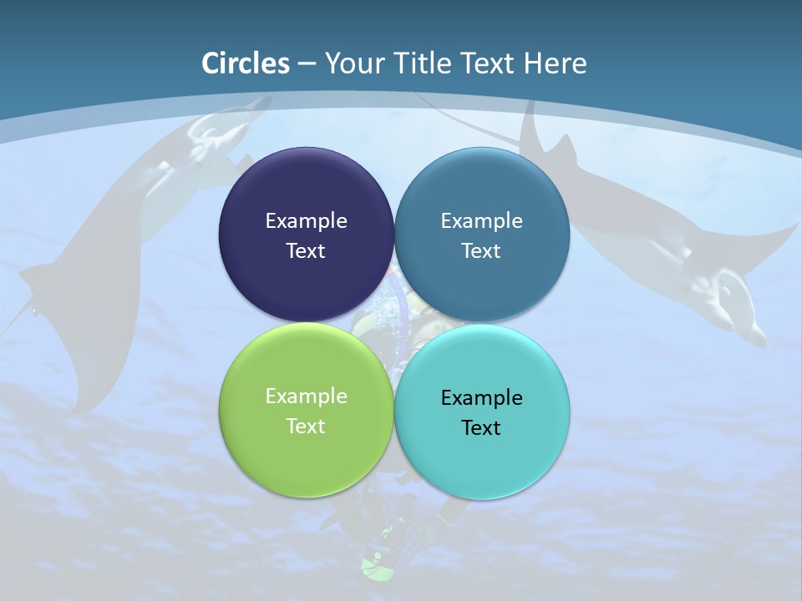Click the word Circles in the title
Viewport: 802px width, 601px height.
(246, 63)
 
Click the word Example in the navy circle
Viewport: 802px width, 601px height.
(306, 220)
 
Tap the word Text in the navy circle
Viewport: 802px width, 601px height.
(306, 250)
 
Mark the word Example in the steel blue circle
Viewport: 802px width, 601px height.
(481, 220)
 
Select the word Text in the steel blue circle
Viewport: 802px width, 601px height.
(481, 250)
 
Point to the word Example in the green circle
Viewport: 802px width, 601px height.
(306, 396)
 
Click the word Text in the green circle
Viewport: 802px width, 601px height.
(306, 426)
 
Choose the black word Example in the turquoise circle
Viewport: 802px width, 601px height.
(481, 397)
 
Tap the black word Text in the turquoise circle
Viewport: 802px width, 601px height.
(481, 427)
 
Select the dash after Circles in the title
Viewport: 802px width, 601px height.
(307, 64)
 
